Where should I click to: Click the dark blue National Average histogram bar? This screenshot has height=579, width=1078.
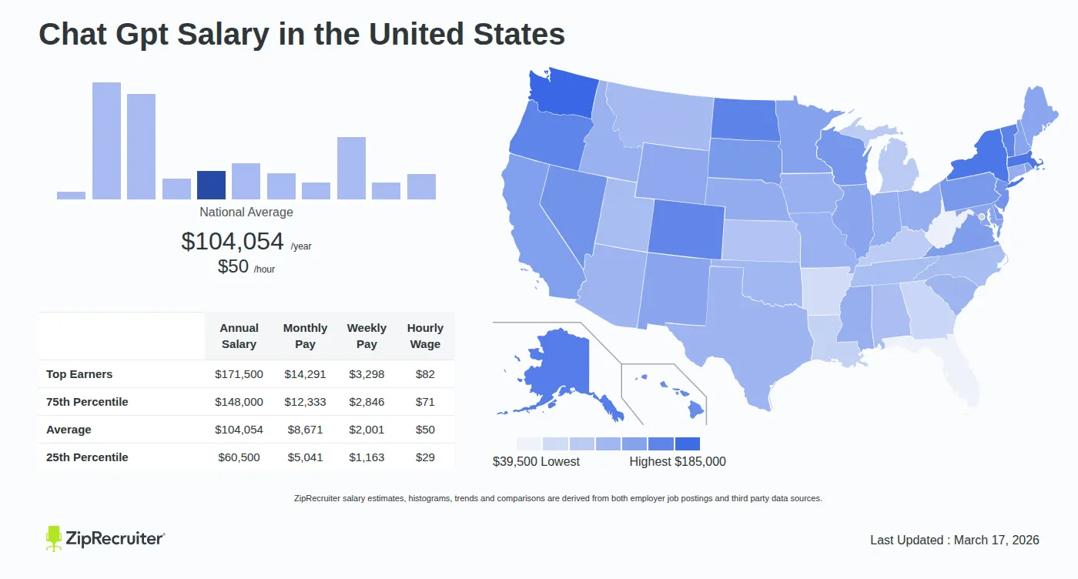click(x=211, y=185)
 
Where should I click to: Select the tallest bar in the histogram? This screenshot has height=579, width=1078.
click(x=106, y=141)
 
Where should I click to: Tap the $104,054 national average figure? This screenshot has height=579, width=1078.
click(x=233, y=241)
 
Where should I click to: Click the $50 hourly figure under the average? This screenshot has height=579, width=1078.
click(x=233, y=266)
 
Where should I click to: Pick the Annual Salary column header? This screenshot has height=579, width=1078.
click(x=239, y=336)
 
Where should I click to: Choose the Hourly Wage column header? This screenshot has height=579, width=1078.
click(x=425, y=336)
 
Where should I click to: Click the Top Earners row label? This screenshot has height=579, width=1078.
click(x=79, y=374)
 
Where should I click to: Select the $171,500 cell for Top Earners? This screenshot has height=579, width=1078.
click(x=239, y=374)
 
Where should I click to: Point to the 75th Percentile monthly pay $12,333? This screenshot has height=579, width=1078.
click(x=305, y=402)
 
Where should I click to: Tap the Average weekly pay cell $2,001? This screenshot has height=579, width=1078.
click(x=367, y=430)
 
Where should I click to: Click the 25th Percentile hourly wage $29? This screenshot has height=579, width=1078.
click(x=425, y=457)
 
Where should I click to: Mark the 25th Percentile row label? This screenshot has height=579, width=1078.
click(x=87, y=457)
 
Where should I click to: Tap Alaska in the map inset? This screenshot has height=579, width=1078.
click(x=554, y=370)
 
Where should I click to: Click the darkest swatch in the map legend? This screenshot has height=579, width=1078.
click(x=687, y=444)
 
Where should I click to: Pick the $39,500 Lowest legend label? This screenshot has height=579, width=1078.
click(x=536, y=462)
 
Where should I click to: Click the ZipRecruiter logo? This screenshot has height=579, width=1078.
click(x=105, y=538)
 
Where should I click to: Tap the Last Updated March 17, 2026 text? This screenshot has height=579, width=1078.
click(x=954, y=540)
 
